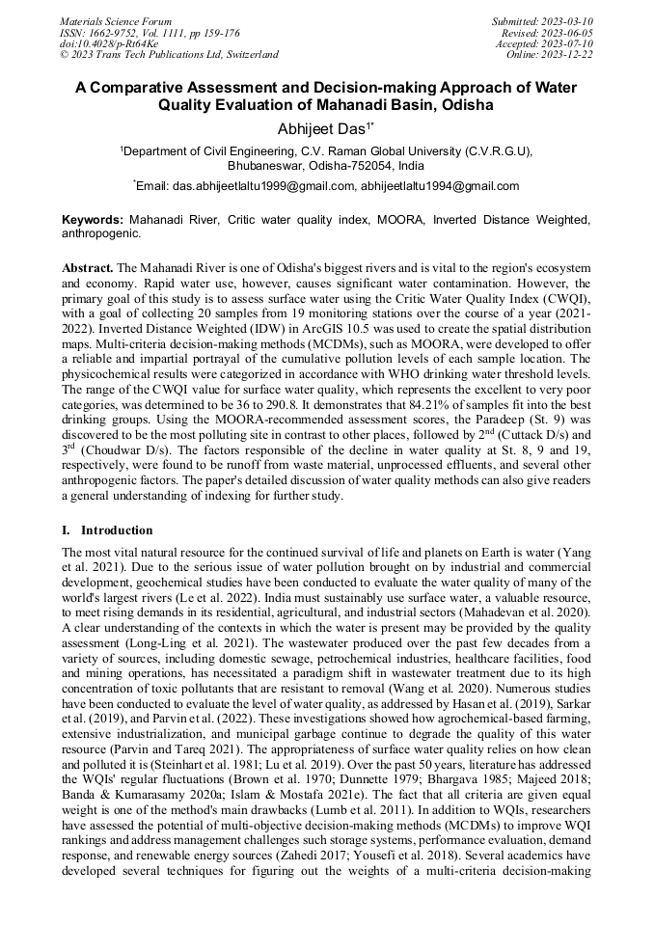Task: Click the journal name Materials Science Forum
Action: (116, 20)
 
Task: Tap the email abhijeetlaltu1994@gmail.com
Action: (440, 186)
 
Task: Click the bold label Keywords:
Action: (94, 220)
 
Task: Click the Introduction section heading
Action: (116, 530)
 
